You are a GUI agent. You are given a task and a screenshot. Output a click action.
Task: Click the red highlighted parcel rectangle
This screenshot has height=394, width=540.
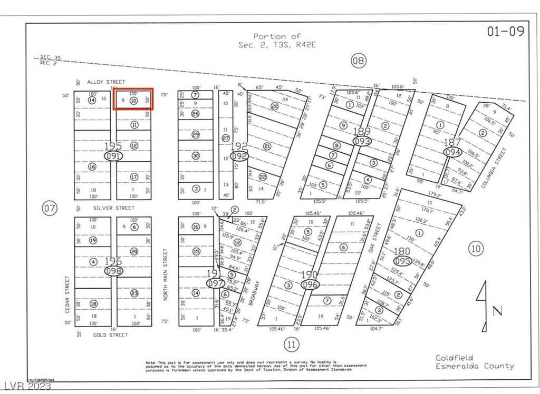click(134, 98)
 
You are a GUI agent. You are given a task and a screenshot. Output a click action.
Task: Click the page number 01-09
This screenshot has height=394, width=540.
click(506, 31)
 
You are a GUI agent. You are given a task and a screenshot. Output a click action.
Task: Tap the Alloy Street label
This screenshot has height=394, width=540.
click(106, 82)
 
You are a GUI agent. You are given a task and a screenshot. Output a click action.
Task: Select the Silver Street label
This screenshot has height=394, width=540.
click(111, 208)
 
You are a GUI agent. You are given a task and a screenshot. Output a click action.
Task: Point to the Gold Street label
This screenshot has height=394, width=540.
click(111, 334)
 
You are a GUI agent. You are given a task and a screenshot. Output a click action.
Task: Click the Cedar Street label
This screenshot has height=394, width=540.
click(67, 294)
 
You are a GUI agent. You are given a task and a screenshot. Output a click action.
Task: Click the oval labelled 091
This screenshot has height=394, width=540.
click(113, 156)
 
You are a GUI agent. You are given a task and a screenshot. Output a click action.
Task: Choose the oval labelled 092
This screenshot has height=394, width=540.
click(239, 156)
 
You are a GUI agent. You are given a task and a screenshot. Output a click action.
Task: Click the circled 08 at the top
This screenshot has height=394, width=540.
click(358, 61)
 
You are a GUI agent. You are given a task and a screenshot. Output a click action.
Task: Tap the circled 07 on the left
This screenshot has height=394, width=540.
click(50, 209)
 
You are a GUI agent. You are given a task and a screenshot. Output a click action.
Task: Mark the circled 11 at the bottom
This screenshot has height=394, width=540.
click(291, 345)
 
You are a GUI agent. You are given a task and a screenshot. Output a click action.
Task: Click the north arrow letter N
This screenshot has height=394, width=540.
click(497, 311)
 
